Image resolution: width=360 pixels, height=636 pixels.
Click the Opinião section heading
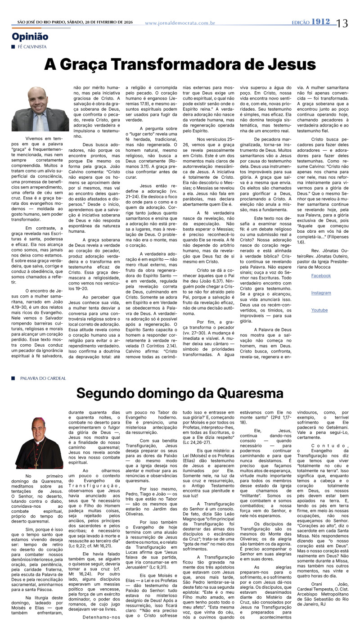pyautogui.click(x=30, y=37)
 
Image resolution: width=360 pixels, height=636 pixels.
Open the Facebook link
pyautogui.click(x=321, y=275)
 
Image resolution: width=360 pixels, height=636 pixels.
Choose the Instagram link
pyautogui.click(x=321, y=293)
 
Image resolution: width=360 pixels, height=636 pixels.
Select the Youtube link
pyautogui.click(x=319, y=310)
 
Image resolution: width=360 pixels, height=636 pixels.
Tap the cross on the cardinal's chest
pyautogui.click(x=36, y=463)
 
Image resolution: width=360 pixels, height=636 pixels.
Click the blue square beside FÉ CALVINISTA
pyautogui.click(x=13, y=47)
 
